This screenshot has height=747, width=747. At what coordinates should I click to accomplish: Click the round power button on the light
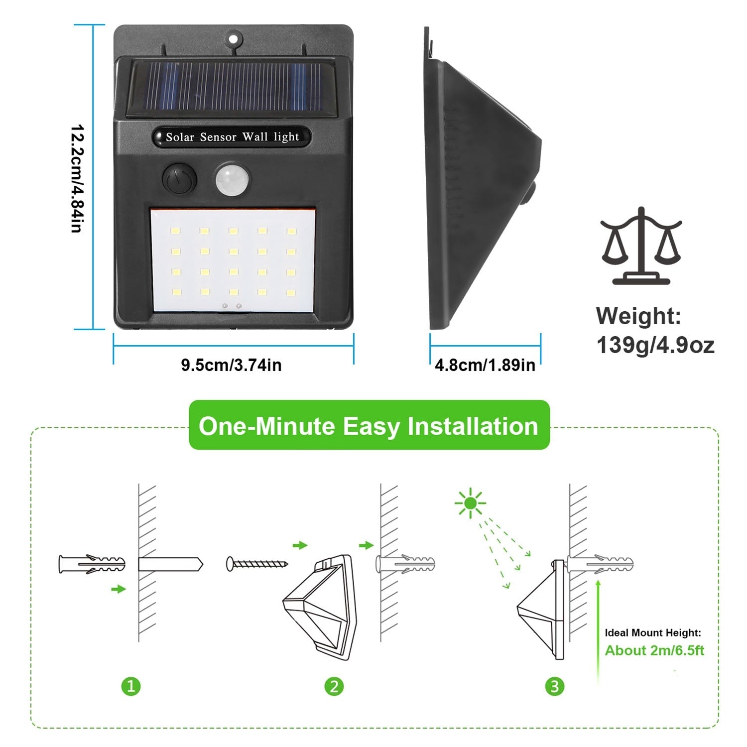[x=179, y=179]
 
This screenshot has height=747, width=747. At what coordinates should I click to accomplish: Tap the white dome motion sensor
[x=232, y=179]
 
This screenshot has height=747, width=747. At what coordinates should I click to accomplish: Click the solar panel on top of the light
[x=232, y=87]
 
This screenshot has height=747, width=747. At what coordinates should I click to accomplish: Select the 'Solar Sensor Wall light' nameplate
[x=232, y=137]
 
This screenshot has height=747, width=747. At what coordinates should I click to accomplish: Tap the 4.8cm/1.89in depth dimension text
[x=485, y=365]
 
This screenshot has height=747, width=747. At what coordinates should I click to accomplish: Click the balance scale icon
[x=641, y=247]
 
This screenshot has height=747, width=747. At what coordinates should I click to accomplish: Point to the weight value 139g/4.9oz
[x=655, y=345]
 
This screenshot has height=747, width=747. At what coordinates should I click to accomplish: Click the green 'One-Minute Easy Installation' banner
[x=369, y=426]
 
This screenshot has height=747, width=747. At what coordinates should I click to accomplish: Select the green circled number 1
[x=131, y=687]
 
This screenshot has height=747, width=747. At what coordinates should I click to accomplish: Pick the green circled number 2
[x=334, y=687]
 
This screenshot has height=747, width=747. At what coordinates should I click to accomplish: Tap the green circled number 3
[x=555, y=687]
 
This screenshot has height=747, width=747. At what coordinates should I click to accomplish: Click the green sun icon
[x=470, y=503]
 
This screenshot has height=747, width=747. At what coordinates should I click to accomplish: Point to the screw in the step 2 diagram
[x=257, y=564]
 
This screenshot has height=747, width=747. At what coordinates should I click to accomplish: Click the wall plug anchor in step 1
[x=92, y=565]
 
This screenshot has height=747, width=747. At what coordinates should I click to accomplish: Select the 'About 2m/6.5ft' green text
[x=654, y=650]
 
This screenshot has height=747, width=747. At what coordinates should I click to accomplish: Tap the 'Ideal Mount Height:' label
[x=653, y=633]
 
